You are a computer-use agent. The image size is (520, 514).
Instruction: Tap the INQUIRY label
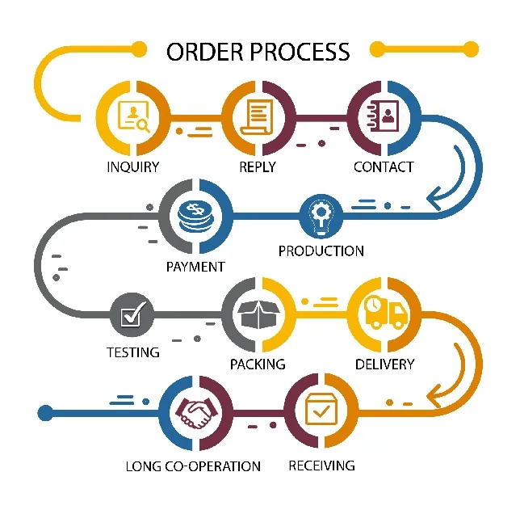click(133, 167)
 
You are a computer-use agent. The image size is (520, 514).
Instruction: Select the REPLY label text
click(258, 167)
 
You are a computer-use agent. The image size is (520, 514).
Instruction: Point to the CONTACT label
click(384, 167)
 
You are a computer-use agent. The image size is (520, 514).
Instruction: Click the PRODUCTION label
click(321, 251)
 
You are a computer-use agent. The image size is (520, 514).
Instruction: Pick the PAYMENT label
click(195, 267)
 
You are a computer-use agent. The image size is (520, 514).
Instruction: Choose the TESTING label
click(133, 352)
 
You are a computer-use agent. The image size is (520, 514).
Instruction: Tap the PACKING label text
click(258, 364)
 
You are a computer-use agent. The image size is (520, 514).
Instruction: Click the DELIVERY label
click(385, 364)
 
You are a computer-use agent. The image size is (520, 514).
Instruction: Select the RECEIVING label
click(321, 465)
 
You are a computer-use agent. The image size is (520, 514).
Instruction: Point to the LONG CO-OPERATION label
click(194, 466)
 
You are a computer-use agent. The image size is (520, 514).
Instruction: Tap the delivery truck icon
click(384, 312)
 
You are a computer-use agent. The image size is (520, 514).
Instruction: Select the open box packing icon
click(258, 314)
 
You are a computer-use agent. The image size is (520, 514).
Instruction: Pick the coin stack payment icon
click(195, 217)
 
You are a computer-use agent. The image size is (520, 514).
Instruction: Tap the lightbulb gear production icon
click(321, 216)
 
